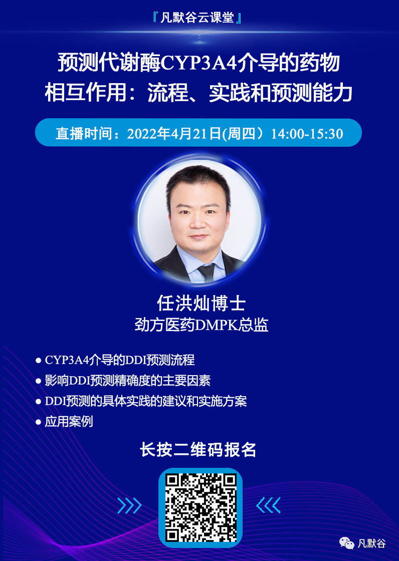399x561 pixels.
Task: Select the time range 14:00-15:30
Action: pos(307,134)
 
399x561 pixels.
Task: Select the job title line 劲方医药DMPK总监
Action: pos(201,325)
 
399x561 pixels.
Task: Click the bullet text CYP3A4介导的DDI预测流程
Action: pos(119,360)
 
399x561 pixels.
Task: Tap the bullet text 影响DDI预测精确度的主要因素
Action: pos(127,381)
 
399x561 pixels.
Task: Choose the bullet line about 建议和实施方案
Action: pos(145,401)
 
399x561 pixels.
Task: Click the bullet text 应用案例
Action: pos(69,422)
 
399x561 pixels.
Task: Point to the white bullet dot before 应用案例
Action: pos(38,422)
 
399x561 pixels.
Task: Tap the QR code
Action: pos(200,507)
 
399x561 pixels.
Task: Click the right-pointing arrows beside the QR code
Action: pos(129,506)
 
